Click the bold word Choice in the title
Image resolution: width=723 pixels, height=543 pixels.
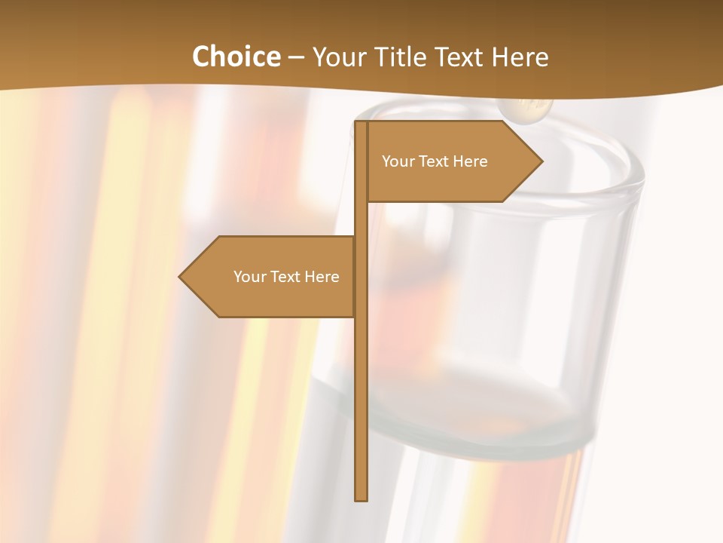tap(236, 57)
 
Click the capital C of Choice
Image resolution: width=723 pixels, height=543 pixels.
tap(202, 57)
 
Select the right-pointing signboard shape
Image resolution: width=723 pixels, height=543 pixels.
tap(452, 161)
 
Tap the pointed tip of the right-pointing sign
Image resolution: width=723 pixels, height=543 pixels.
tap(541, 161)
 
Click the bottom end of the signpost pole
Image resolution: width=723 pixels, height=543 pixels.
tap(361, 498)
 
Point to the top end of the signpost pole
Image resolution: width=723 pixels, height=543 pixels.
tap(361, 124)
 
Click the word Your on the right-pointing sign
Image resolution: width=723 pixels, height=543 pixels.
tap(398, 161)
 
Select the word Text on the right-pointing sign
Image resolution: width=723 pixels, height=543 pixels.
tap(433, 161)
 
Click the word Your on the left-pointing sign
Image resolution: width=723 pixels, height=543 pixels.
tap(249, 277)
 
